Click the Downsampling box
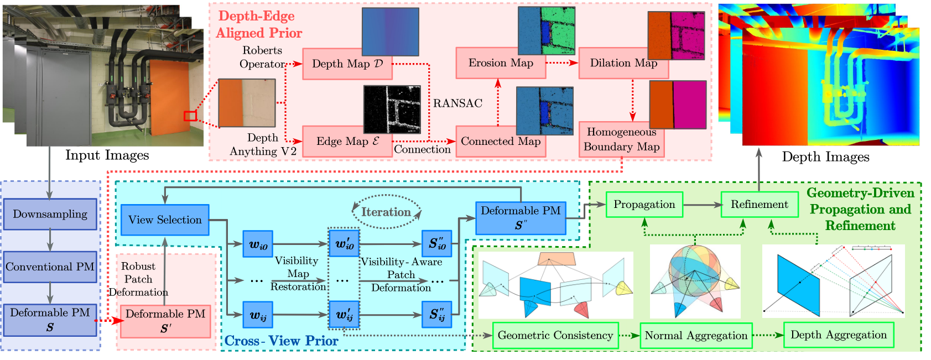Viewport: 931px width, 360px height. (x=50, y=214)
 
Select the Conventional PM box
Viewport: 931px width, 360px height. (x=50, y=267)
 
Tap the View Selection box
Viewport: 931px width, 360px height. (x=165, y=220)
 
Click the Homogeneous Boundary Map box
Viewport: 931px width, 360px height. (x=621, y=140)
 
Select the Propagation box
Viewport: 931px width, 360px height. (x=644, y=205)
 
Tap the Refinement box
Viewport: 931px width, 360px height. (x=759, y=205)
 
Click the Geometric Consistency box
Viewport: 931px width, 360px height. (x=555, y=335)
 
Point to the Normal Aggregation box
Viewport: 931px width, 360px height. (x=696, y=336)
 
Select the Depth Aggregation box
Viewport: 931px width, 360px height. (x=839, y=335)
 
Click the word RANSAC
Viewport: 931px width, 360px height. (x=457, y=103)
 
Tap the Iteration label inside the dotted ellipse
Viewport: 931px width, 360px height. (x=386, y=212)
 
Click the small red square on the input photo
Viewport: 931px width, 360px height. (x=190, y=116)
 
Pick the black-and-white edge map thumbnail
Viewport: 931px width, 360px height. (x=392, y=109)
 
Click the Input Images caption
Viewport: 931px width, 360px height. (x=107, y=155)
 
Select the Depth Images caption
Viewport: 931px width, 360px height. (x=825, y=157)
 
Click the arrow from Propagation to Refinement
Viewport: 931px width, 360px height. (x=702, y=205)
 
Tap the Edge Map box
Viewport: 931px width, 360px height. (x=347, y=142)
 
